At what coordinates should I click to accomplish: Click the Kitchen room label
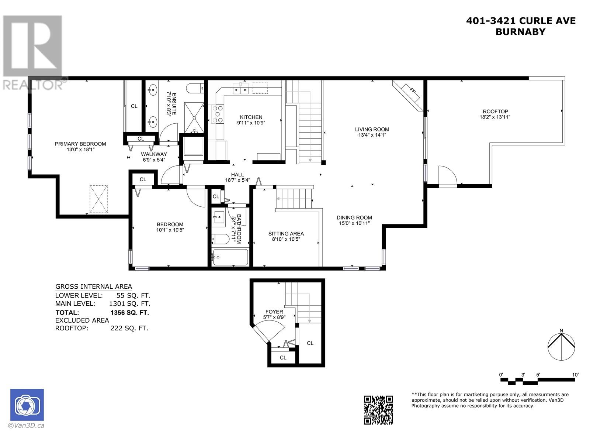(x=251, y=117)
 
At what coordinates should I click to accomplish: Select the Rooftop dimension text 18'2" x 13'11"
(x=495, y=117)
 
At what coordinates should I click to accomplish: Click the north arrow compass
(x=561, y=346)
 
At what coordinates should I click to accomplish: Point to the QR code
(x=378, y=410)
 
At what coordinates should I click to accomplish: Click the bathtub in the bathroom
(x=230, y=257)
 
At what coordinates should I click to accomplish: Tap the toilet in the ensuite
(x=195, y=88)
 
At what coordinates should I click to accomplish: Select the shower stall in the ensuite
(x=194, y=117)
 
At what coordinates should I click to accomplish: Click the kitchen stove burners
(x=218, y=114)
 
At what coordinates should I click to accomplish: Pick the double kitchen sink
(x=240, y=88)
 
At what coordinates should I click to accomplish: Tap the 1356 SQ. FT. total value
(x=129, y=313)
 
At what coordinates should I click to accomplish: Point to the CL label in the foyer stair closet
(x=310, y=343)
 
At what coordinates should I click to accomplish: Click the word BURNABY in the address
(x=520, y=32)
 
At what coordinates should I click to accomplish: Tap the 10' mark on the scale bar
(x=575, y=375)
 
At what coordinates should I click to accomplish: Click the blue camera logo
(x=27, y=405)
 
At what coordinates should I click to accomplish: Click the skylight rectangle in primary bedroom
(x=98, y=199)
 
